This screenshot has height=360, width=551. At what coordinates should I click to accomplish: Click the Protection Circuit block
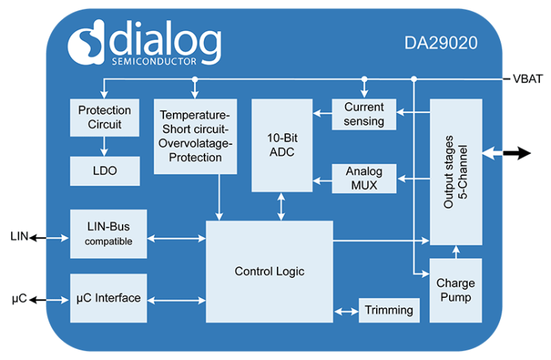click(x=104, y=118)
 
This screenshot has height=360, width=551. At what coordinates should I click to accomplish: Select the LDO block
click(x=104, y=171)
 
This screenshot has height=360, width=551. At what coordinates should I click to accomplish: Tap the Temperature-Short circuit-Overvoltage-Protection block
click(x=195, y=137)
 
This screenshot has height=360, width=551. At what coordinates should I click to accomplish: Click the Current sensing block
click(x=363, y=114)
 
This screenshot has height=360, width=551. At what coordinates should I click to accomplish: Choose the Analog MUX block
click(x=363, y=178)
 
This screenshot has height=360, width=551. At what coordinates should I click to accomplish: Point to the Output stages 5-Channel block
click(x=455, y=172)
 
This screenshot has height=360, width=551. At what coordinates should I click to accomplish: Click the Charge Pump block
click(x=455, y=290)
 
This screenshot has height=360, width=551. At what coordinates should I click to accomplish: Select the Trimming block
click(x=389, y=310)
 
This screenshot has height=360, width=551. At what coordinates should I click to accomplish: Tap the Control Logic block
click(x=269, y=271)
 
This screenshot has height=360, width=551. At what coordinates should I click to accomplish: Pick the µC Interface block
click(x=108, y=298)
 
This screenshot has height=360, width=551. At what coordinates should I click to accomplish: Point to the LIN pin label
click(x=19, y=237)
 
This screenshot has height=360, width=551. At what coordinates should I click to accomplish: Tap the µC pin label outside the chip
click(x=20, y=299)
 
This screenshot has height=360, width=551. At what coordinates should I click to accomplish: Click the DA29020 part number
click(x=440, y=43)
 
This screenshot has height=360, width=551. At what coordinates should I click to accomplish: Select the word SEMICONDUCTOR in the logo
click(x=154, y=61)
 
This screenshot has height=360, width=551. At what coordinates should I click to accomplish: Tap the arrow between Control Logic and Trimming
click(x=345, y=310)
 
